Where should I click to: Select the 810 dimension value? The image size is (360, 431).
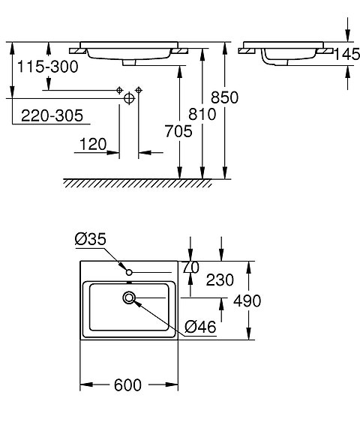click(202, 114)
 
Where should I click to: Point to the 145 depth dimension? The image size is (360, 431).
click(347, 54)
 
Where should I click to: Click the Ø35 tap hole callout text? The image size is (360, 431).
click(90, 239)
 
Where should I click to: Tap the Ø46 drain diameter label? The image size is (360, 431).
click(199, 326)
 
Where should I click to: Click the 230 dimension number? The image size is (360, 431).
click(220, 280)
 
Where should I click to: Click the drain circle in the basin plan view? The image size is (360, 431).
click(130, 298)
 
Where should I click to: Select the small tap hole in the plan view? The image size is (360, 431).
click(130, 271)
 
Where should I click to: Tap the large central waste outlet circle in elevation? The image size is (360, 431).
click(129, 97)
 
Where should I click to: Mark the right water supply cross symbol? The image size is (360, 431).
click(139, 89)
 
